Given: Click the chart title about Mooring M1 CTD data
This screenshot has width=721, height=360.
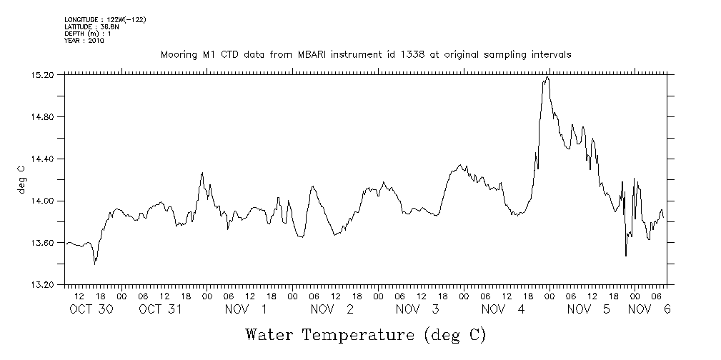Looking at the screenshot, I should pyautogui.click(x=365, y=54).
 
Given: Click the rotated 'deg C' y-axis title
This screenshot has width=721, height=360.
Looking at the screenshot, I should pyautogui.click(x=21, y=179).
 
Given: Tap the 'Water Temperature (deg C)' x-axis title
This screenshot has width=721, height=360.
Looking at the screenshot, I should pyautogui.click(x=366, y=334).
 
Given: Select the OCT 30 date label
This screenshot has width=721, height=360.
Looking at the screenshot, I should pyautogui.click(x=91, y=309).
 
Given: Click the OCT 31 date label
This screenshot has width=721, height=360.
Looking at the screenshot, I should pyautogui.click(x=160, y=309).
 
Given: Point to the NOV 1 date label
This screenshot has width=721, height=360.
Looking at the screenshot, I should pyautogui.click(x=246, y=309).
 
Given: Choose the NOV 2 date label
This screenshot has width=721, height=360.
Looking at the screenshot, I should pyautogui.click(x=332, y=309).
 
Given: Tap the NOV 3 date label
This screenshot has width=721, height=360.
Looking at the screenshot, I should pyautogui.click(x=417, y=309).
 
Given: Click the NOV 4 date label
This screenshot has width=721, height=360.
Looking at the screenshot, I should pyautogui.click(x=503, y=309).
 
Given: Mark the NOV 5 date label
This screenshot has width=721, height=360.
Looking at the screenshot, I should pyautogui.click(x=589, y=309).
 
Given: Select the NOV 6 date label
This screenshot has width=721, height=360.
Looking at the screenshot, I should pyautogui.click(x=650, y=309).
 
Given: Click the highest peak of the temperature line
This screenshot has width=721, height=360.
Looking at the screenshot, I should pyautogui.click(x=547, y=77).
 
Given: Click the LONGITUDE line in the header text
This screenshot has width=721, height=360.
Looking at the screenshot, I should pyautogui.click(x=105, y=19).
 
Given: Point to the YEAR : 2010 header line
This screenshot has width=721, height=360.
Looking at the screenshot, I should pyautogui.click(x=84, y=41).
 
